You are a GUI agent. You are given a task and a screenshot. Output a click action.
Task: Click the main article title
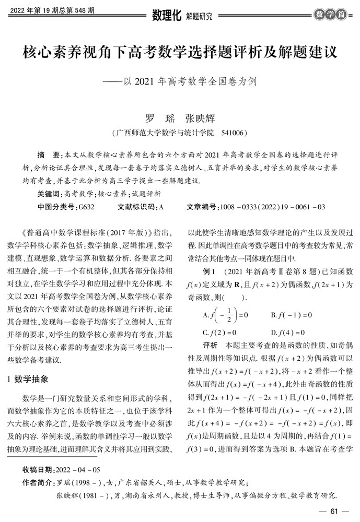pyautogui.click(x=179, y=53)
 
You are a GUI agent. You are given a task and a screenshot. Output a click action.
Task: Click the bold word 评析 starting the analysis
pyautogui.click(x=210, y=346)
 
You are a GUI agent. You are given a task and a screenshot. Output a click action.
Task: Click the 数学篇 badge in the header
pyautogui.click(x=331, y=15)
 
